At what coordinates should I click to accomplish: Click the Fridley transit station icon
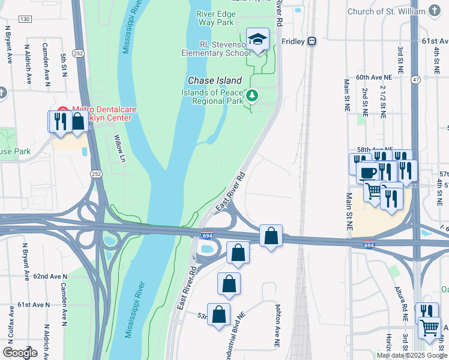312,41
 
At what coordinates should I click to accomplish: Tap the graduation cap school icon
258,39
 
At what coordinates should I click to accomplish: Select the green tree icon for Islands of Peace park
253,95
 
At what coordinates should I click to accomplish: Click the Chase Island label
215,80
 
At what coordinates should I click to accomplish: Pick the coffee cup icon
367,172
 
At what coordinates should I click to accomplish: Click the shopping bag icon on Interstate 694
271,235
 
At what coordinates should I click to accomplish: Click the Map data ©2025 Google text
412,355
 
